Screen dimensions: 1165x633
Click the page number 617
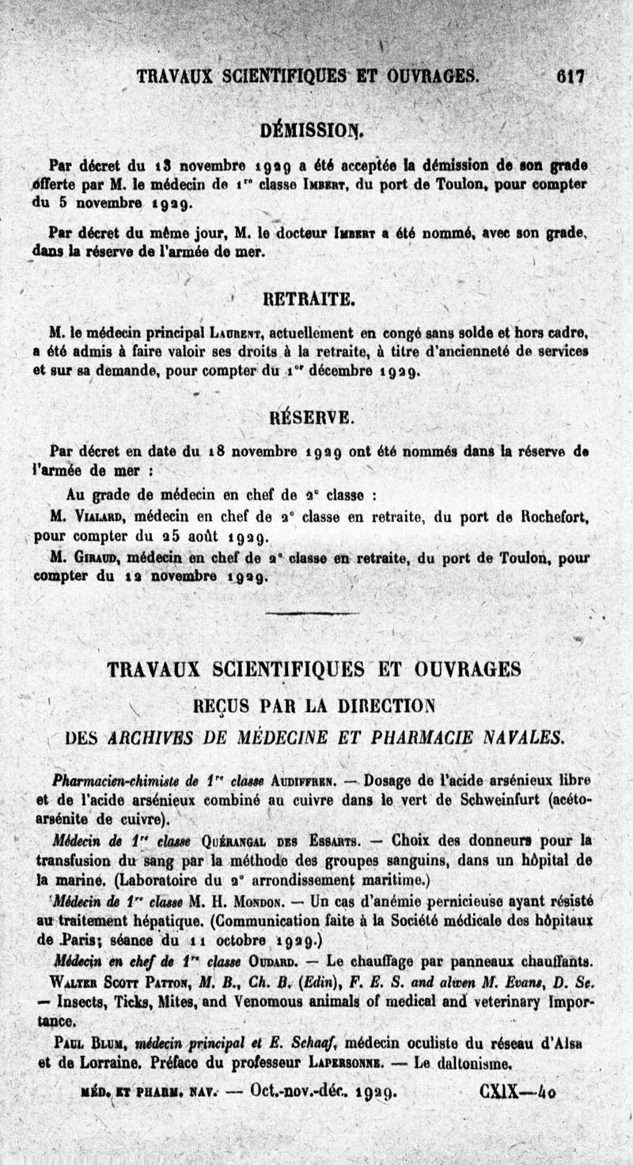point(570,77)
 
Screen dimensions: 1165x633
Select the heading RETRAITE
point(308,298)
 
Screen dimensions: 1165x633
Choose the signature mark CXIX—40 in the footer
point(517,1093)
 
